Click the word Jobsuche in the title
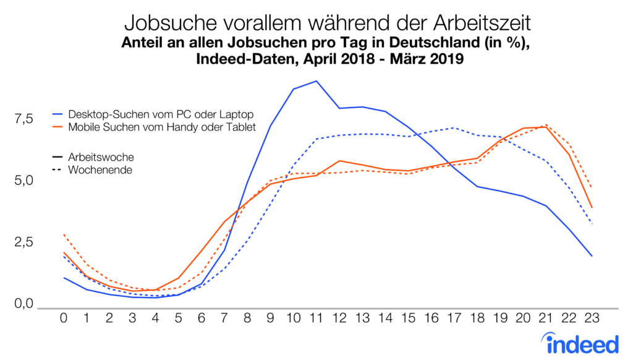coord(164,23)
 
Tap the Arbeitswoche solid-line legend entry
coord(101,158)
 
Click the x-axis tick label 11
coord(316,318)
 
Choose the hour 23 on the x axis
coord(592,318)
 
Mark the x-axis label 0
coord(64,318)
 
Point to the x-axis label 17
coord(454,318)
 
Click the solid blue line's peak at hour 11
coord(316,81)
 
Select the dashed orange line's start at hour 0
coord(64,234)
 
